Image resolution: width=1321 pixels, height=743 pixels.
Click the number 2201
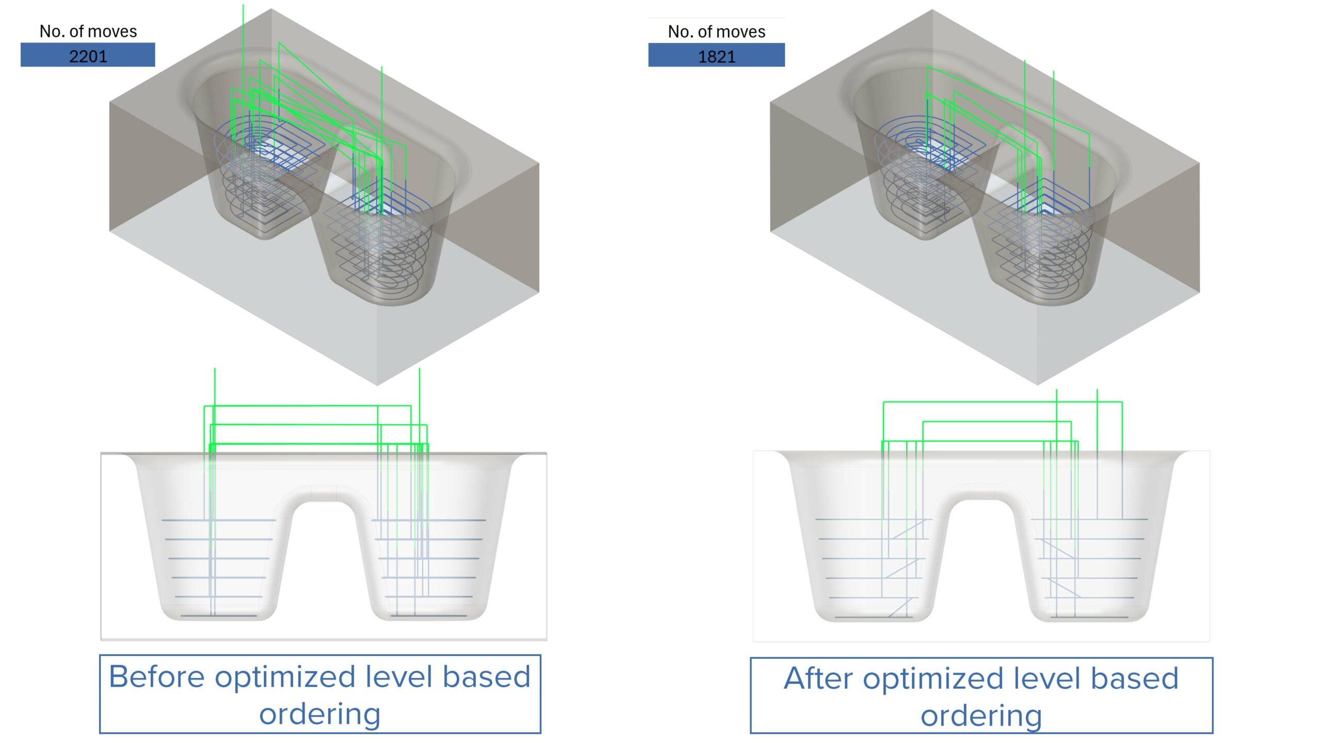coord(88,56)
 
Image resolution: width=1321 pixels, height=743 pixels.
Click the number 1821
coord(716,56)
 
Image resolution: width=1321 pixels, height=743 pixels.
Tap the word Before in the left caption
coord(157,677)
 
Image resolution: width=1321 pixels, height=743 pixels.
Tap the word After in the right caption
coord(818,679)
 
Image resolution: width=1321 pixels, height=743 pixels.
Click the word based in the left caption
coord(487,677)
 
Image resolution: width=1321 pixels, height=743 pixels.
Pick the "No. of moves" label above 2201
coord(88,31)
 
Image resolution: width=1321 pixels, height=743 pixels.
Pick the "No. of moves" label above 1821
coord(716,32)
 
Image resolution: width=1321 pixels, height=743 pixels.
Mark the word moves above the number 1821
coord(742,33)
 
